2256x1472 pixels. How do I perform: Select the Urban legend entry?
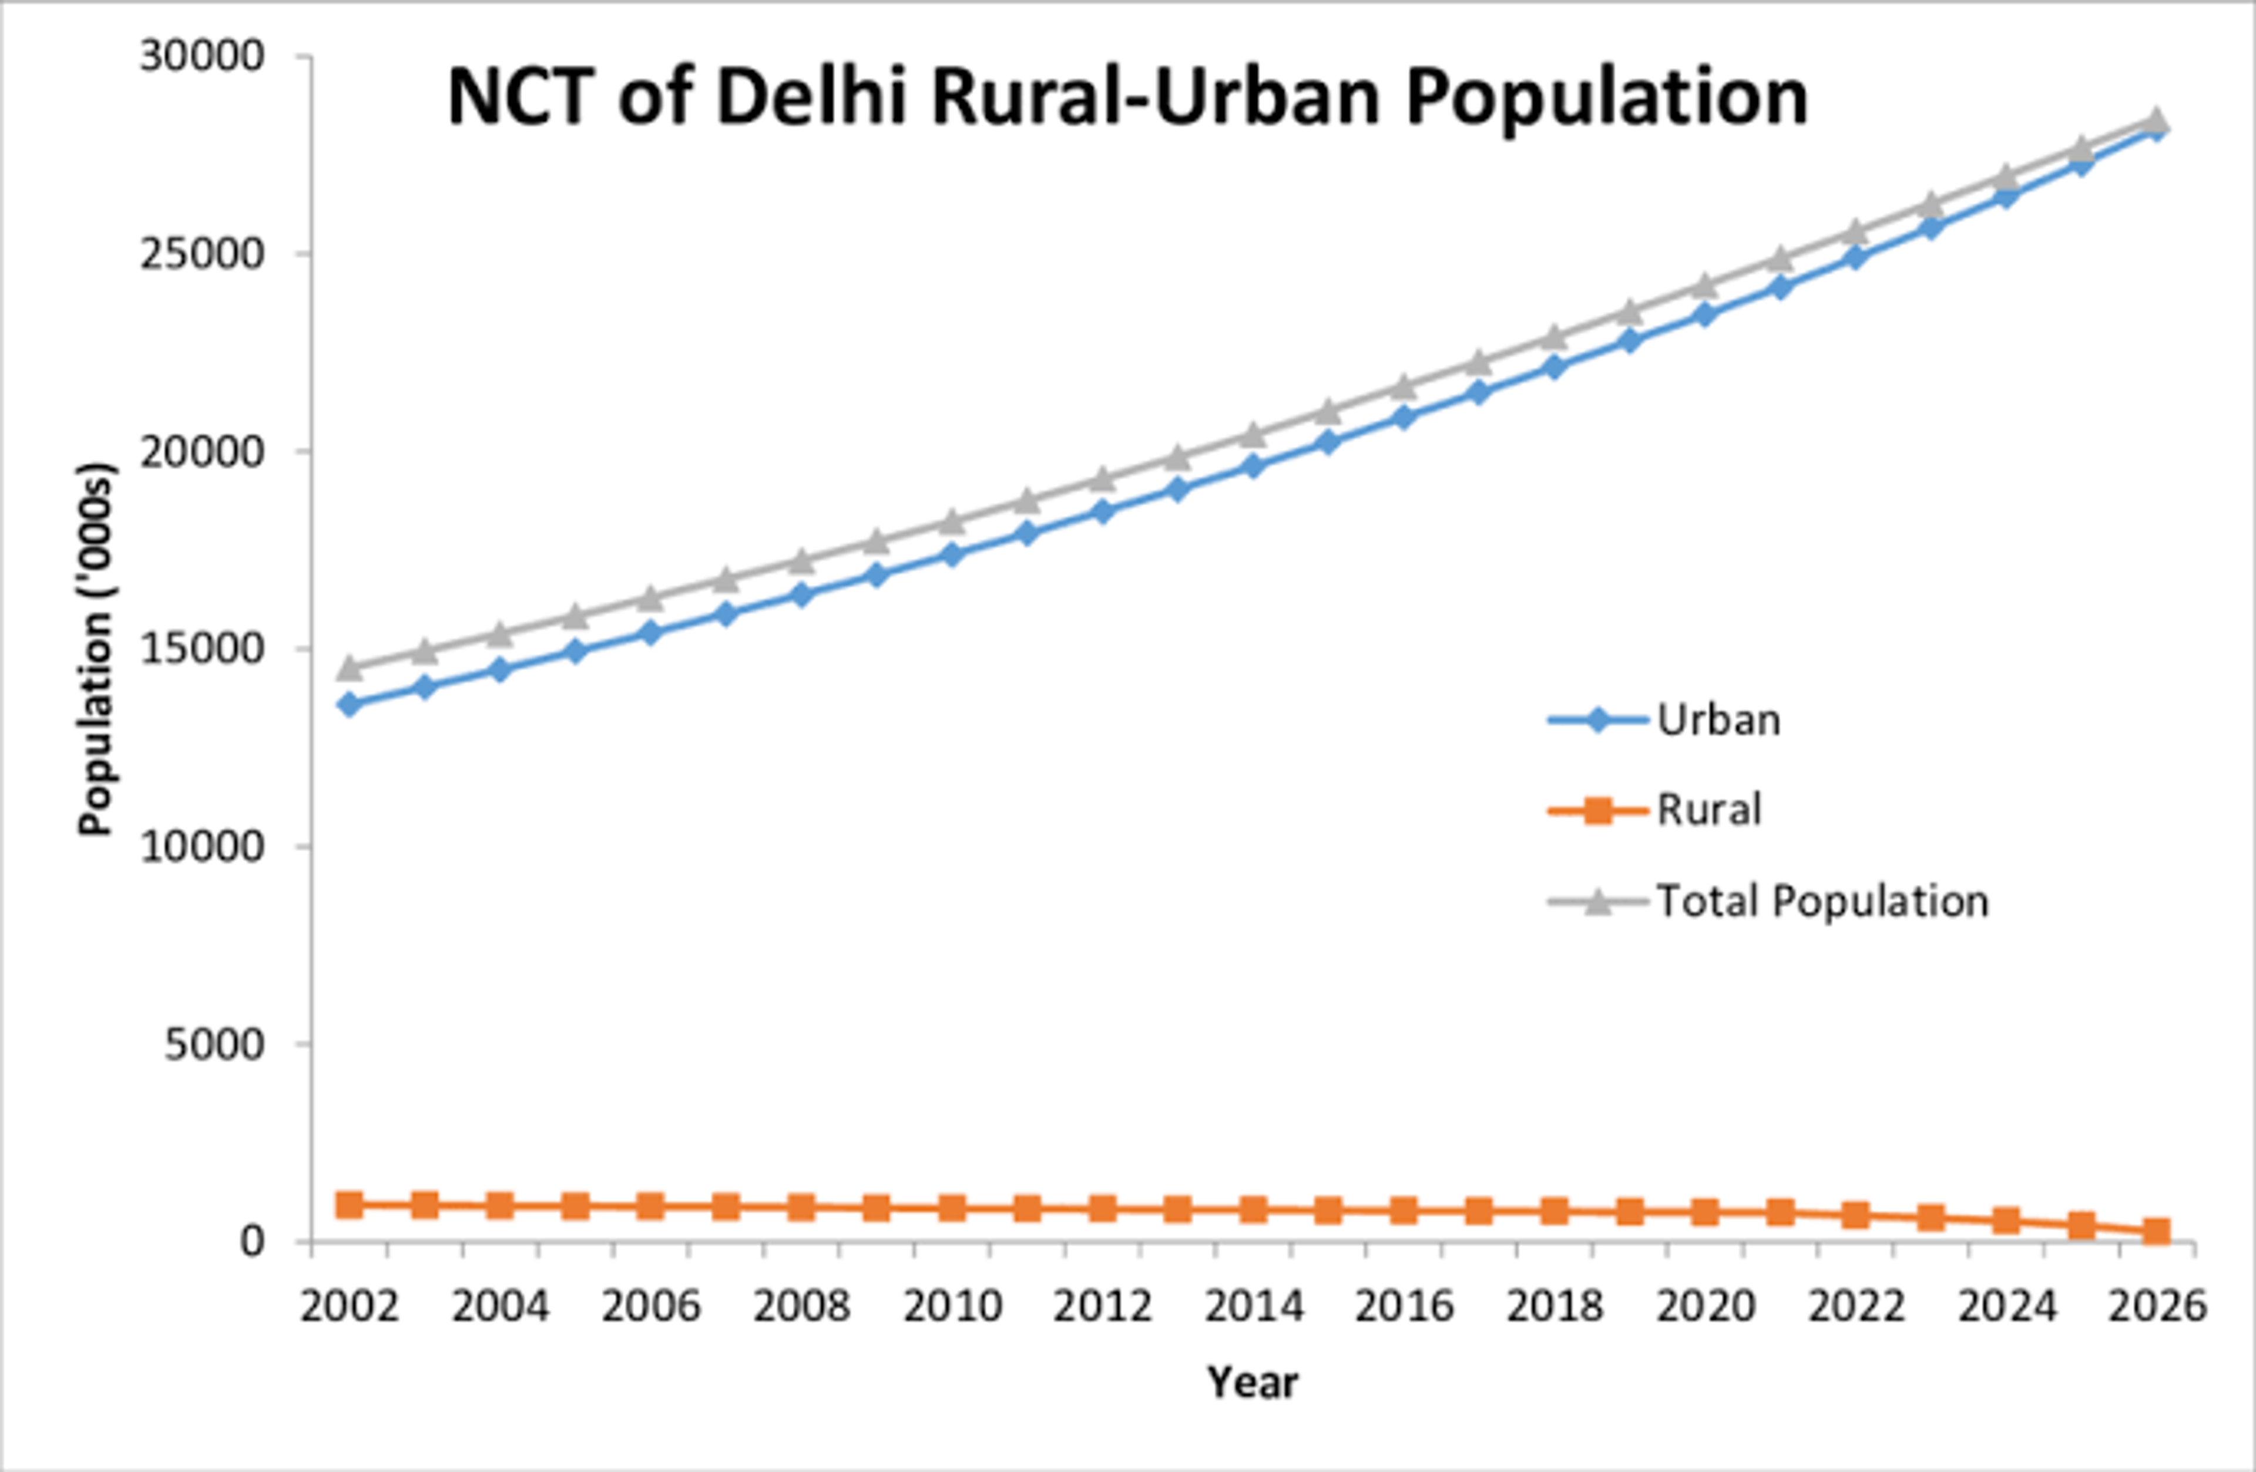pyautogui.click(x=1718, y=720)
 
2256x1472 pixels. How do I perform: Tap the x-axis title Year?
pyautogui.click(x=1252, y=1383)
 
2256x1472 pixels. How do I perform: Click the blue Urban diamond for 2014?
pyautogui.click(x=1253, y=465)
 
